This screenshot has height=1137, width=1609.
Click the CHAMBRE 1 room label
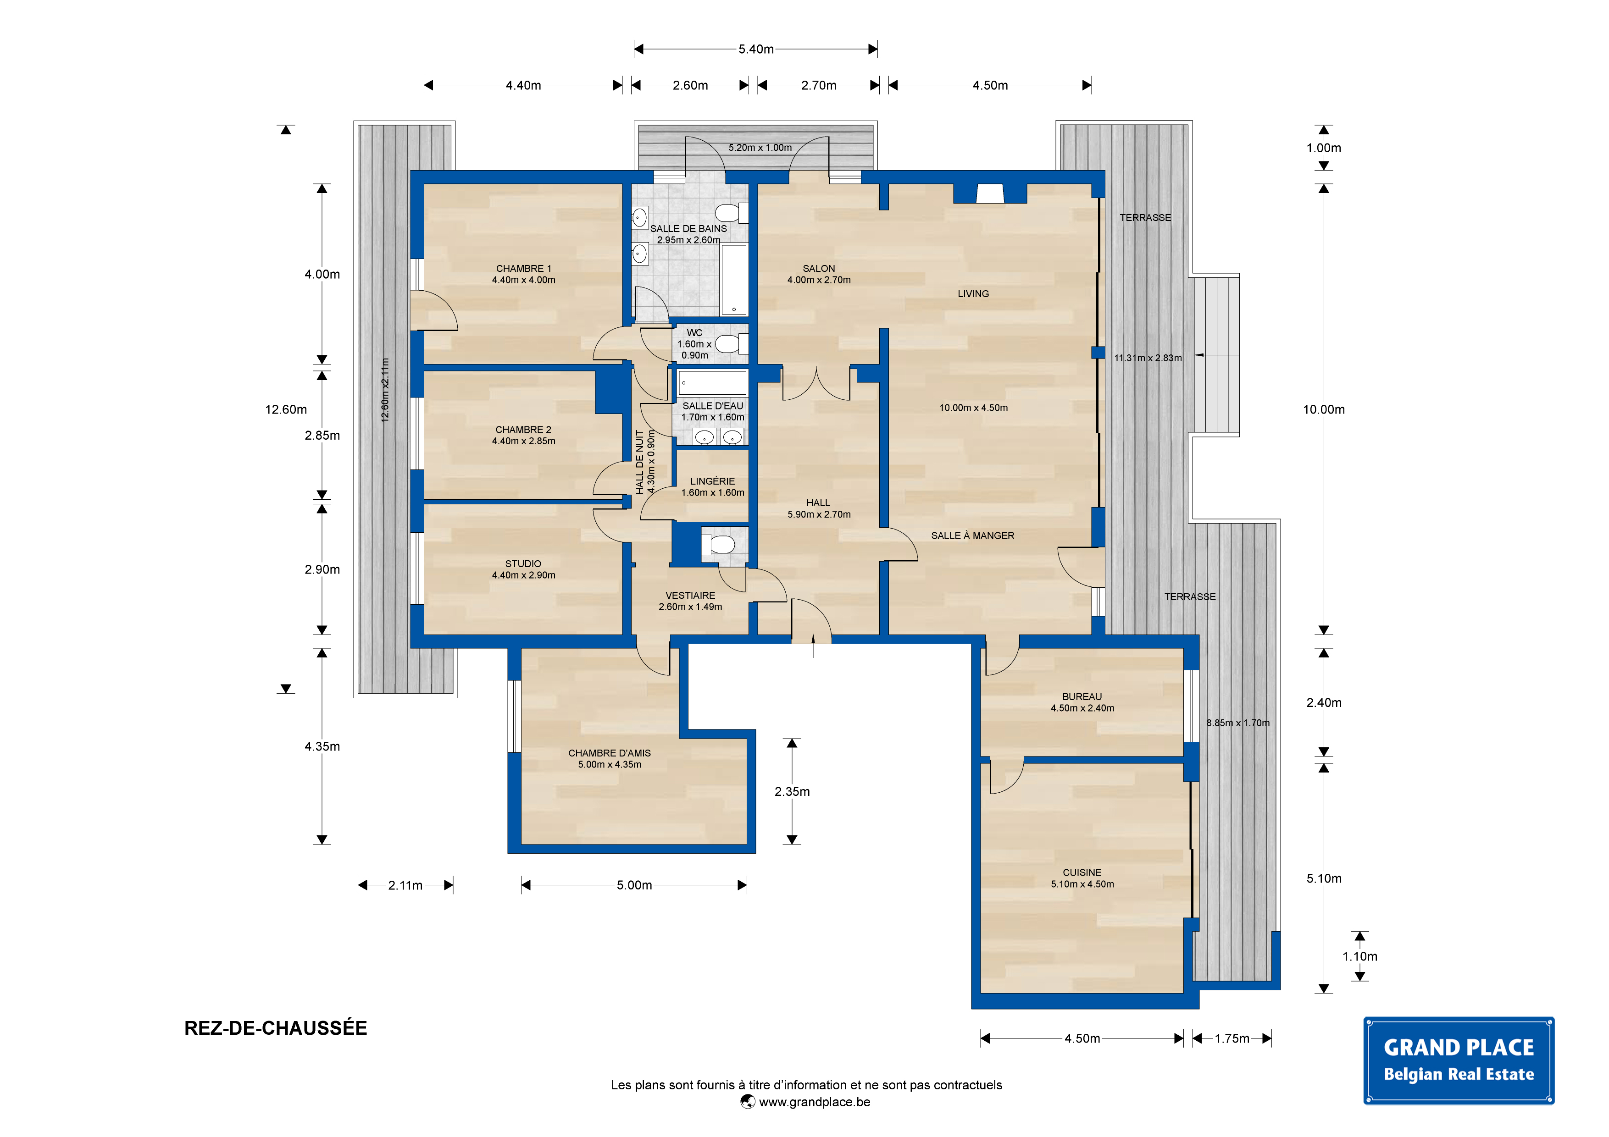click(523, 268)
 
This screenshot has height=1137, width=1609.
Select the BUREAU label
click(1082, 696)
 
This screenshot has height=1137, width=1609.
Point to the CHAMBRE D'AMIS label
click(610, 753)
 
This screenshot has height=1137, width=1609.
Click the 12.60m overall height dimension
click(286, 410)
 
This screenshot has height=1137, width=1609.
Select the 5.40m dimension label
click(756, 49)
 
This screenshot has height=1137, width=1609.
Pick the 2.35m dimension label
click(792, 792)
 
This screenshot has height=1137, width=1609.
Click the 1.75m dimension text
click(1232, 1038)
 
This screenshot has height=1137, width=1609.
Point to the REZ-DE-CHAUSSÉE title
click(275, 1028)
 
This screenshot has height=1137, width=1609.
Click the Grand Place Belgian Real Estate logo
click(1459, 1060)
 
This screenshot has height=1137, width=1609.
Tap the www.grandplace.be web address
click(814, 1102)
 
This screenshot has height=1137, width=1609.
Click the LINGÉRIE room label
click(713, 481)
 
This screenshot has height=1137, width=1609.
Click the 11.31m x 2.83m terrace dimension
click(1148, 358)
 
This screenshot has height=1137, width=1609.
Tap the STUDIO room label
click(523, 563)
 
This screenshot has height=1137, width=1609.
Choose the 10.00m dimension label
click(1324, 410)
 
